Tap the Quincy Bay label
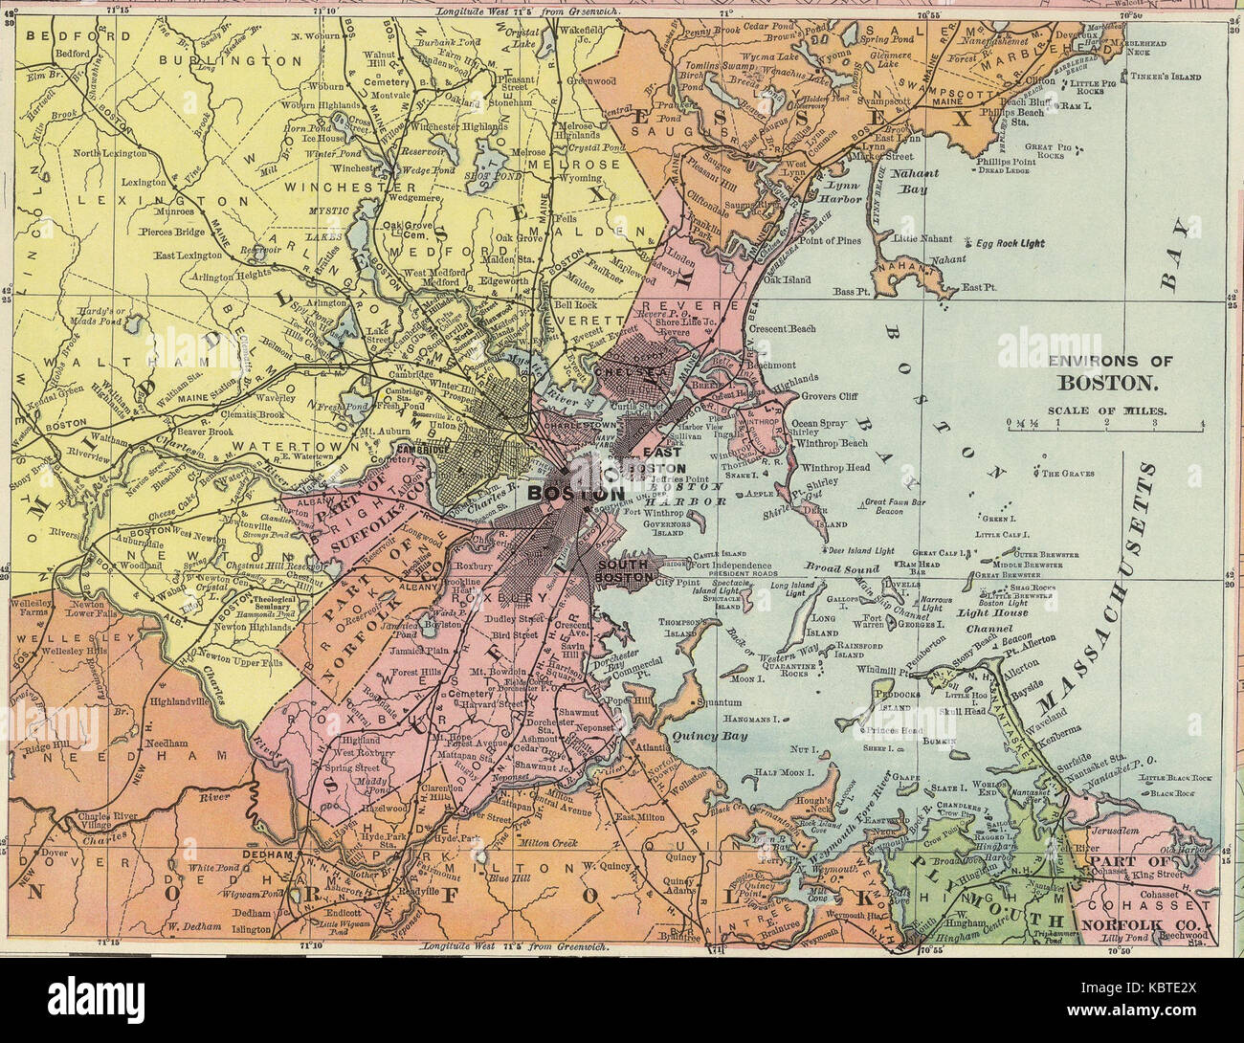pos(702,737)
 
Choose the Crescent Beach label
pos(782,328)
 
